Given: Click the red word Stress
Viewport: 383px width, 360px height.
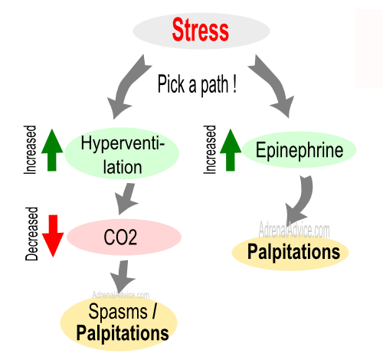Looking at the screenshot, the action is point(201,30).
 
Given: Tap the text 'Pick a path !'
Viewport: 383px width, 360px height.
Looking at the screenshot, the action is point(197,84).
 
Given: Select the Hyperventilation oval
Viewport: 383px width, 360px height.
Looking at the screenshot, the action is point(122,153).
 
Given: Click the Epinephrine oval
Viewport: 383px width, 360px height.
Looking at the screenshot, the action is point(299,150).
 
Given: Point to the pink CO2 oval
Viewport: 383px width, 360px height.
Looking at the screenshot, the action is point(124,237).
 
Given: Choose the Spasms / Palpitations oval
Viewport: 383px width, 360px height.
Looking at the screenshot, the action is point(119,323).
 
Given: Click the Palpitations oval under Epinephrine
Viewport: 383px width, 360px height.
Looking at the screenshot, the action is point(290,252).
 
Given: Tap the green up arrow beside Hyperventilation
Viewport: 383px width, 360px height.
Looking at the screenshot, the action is point(52,150).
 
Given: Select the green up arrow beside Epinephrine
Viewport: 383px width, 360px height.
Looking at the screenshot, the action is point(231,150).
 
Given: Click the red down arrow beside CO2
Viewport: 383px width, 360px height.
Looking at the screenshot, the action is point(53,236).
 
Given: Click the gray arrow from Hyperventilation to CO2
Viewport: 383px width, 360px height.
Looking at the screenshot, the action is point(126,198).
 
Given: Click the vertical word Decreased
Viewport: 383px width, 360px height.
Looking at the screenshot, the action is point(31,234).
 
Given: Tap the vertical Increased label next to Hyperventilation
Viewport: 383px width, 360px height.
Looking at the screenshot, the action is point(30,150).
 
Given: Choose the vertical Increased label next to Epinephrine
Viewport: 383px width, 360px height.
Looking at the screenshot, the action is point(210,150).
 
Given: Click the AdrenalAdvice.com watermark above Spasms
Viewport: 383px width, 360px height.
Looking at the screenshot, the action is point(121,295).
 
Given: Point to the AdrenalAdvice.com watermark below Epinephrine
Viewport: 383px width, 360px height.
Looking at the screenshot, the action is point(294,230).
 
